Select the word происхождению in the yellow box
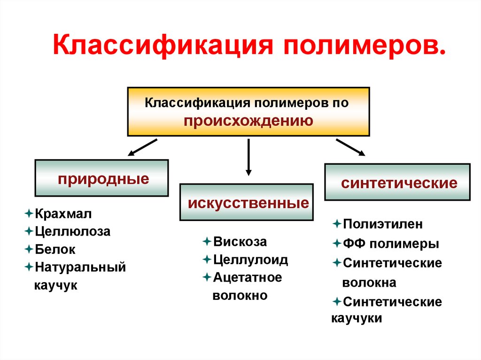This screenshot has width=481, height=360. pyautogui.click(x=248, y=121)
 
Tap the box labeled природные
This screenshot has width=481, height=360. pyautogui.click(x=101, y=178)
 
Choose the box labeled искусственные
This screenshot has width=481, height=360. pyautogui.click(x=247, y=202)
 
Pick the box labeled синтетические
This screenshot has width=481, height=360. pyautogui.click(x=397, y=182)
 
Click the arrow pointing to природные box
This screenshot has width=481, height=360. pyautogui.click(x=143, y=146)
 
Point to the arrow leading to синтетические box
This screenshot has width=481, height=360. pyautogui.click(x=350, y=146)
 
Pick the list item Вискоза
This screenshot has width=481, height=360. pyautogui.click(x=240, y=242)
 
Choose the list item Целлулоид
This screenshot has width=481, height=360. pyautogui.click(x=250, y=259)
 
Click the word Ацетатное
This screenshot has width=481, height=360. pyautogui.click(x=248, y=277)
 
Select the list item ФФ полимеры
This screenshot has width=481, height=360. pyautogui.click(x=391, y=244)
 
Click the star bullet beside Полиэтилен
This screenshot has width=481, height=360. pyautogui.click(x=336, y=223)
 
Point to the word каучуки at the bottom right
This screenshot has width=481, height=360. pyautogui.click(x=357, y=318)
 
